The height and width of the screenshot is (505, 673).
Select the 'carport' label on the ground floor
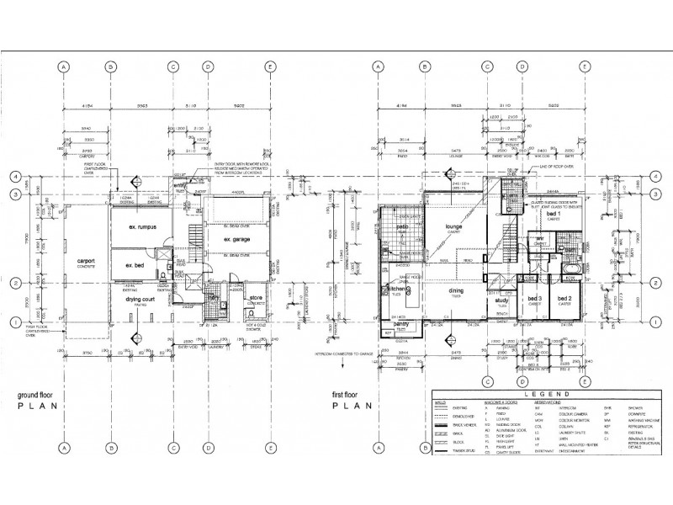(x=86, y=261)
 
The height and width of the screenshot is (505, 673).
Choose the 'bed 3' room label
(x=533, y=299)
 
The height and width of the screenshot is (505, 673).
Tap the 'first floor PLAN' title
(x=346, y=399)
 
